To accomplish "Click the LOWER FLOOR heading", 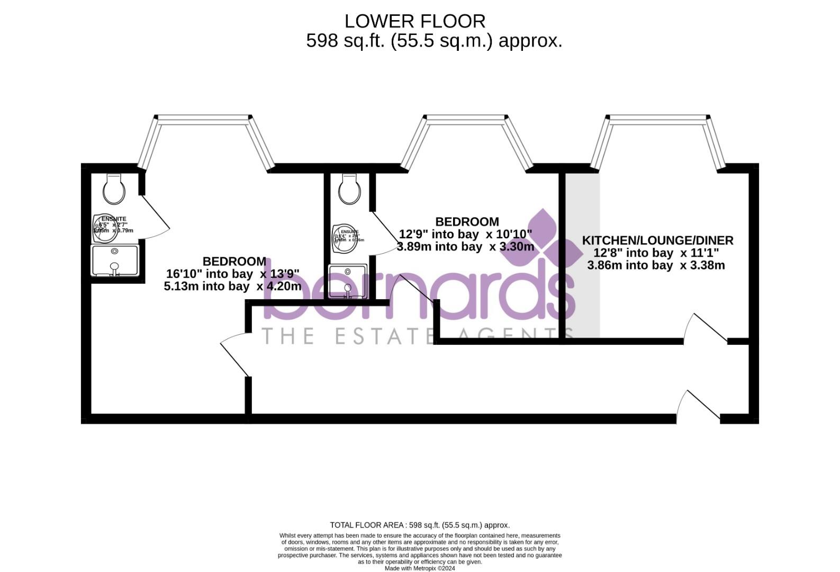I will pos(415,21).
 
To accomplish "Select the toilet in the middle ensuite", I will pos(350,189).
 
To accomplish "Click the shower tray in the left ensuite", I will pos(115,260).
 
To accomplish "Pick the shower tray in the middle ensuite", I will pos(348,281).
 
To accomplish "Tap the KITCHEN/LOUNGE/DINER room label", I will pos(657,240).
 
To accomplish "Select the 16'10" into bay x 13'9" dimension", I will pos(233,274).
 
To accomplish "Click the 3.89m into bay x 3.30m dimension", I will pos(465,246).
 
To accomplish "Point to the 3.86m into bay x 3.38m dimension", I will pos(656,265).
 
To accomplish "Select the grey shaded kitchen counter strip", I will pos(582,254).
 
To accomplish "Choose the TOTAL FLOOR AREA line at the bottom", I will pos(420,525).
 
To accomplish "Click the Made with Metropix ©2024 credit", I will pos(420,568).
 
